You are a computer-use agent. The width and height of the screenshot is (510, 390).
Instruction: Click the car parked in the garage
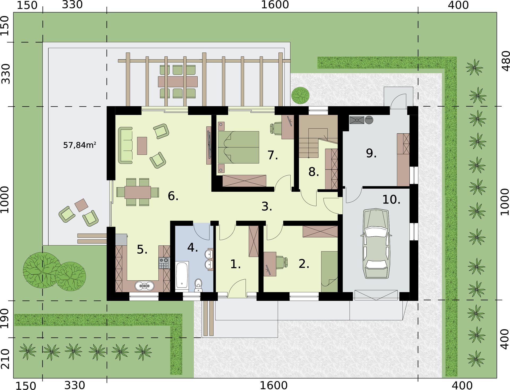click(x=376, y=243)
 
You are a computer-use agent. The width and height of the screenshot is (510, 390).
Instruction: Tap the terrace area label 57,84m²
click(x=79, y=145)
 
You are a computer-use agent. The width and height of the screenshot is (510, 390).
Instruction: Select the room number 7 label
click(x=273, y=155)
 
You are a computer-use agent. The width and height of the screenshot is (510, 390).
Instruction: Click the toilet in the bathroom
click(x=198, y=285)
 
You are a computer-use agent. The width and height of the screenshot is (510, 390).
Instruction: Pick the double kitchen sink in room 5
click(x=144, y=286)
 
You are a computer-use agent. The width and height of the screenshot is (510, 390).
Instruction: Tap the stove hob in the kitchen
click(x=164, y=263)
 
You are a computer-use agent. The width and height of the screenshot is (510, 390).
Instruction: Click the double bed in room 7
click(x=238, y=147)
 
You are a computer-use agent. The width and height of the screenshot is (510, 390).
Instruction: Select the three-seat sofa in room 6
click(x=125, y=145)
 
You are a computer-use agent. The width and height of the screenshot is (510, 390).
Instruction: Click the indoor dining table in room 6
click(x=138, y=192)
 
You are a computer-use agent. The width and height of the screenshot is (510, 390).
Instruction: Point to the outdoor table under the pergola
click(x=178, y=82)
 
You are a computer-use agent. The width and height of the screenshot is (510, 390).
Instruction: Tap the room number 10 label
click(x=391, y=200)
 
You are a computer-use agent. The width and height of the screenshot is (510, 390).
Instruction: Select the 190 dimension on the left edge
click(x=5, y=318)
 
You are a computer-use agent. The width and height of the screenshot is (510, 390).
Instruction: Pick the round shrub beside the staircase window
click(x=300, y=96)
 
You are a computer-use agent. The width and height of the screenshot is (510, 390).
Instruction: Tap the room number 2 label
click(x=304, y=264)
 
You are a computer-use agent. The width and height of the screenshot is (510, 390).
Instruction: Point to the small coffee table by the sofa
click(x=142, y=146)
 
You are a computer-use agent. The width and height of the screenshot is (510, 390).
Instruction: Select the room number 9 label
click(x=371, y=153)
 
